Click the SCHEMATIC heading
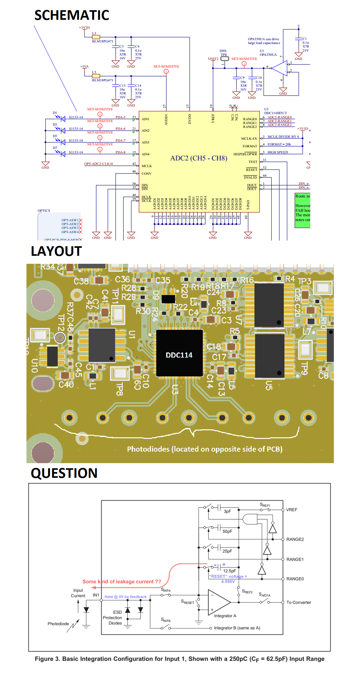point(72,15)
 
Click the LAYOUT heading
point(56,251)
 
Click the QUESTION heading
point(64,473)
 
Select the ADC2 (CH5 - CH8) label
point(199,158)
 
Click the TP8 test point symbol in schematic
point(225,59)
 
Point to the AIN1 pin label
point(145,119)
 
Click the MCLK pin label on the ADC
point(147,166)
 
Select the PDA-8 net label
point(121,152)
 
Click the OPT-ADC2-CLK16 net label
point(99,164)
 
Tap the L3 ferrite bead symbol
point(96,37)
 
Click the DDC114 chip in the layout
point(179,353)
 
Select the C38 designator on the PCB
point(81,281)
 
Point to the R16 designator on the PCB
point(247,280)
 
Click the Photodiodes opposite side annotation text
point(205,449)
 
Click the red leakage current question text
point(121,581)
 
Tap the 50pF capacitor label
point(227,531)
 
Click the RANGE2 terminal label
point(295,539)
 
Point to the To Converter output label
point(298,603)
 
